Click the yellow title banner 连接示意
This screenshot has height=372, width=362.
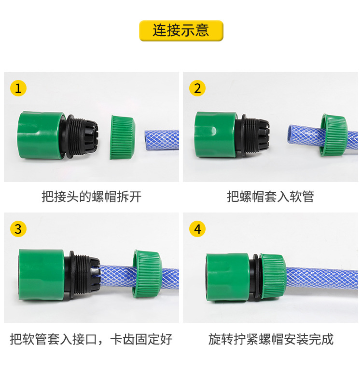click(181, 30)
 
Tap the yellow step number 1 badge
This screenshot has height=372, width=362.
click(18, 89)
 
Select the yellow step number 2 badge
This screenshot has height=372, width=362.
click(197, 88)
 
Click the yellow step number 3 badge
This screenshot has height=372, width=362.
click(18, 229)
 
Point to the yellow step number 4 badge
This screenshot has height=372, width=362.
click(197, 229)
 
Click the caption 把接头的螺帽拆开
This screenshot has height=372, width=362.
click(91, 197)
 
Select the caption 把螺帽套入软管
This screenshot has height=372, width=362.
click(270, 197)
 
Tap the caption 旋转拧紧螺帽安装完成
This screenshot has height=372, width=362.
click(271, 339)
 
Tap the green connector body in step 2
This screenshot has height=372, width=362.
click(215, 135)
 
